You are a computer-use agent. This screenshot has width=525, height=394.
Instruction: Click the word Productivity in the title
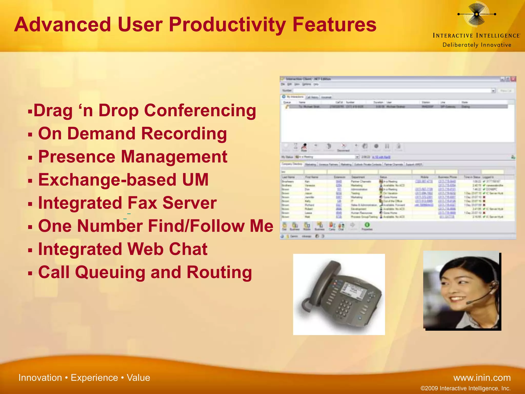pyautogui.click(x=227, y=25)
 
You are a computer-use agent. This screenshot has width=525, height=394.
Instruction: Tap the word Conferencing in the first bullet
pyautogui.click(x=200, y=111)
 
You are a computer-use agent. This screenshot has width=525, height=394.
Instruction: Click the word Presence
pyautogui.click(x=77, y=157)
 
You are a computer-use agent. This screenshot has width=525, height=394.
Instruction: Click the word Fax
pyautogui.click(x=142, y=203)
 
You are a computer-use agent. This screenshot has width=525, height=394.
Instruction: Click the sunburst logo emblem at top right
pyautogui.click(x=476, y=14)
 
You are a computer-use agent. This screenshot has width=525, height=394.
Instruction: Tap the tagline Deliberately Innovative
pyautogui.click(x=477, y=45)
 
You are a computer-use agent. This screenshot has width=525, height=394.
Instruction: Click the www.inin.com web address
pyautogui.click(x=482, y=378)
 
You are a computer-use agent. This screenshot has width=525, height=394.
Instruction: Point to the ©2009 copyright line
pyautogui.click(x=466, y=388)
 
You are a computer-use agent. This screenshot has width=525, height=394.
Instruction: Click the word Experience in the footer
pyautogui.click(x=94, y=378)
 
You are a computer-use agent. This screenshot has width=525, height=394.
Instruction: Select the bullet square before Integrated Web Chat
pyautogui.click(x=30, y=250)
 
